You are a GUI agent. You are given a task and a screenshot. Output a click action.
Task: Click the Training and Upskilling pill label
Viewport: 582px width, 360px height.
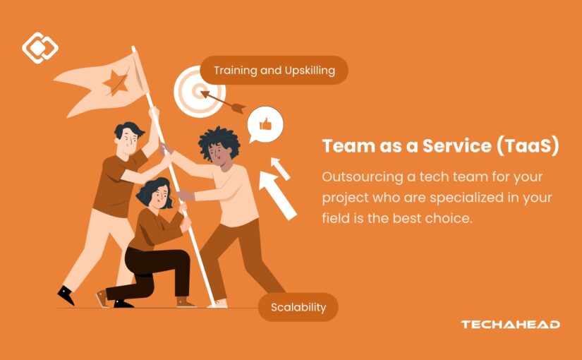click(274, 70)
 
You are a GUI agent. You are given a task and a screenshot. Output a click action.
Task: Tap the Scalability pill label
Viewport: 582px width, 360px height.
click(298, 307)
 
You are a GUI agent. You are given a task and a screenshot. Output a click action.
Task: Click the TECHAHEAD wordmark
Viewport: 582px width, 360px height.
click(510, 324)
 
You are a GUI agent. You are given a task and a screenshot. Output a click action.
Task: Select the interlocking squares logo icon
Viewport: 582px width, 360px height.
click(40, 47)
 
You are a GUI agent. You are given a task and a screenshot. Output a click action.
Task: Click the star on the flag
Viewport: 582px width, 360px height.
click(116, 83)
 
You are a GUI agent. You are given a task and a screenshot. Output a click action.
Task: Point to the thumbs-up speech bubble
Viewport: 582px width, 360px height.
click(265, 124)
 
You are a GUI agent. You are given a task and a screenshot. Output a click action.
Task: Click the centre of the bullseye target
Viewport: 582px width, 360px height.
click(200, 91)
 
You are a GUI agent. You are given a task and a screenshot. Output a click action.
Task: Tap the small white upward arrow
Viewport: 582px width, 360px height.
click(280, 168)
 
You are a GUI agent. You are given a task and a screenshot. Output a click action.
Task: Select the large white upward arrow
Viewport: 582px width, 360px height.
click(278, 195)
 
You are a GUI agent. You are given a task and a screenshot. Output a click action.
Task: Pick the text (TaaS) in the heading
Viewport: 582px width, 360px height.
click(528, 146)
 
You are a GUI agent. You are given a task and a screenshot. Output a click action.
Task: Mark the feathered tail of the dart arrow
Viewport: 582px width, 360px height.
click(237, 108)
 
